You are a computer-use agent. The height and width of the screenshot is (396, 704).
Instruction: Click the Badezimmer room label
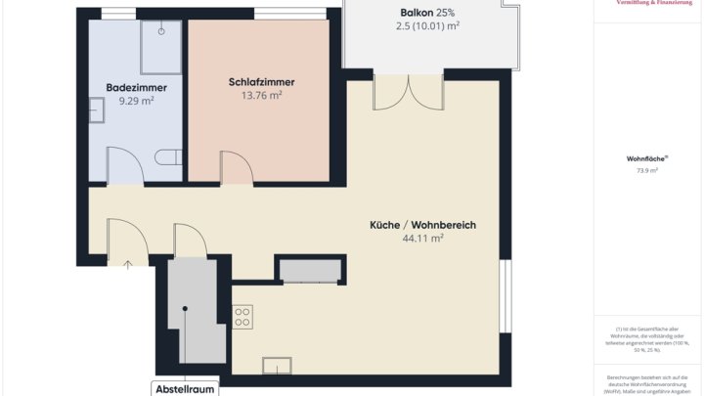click(136, 87)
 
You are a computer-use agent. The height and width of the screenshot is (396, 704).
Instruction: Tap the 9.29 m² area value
click(136, 100)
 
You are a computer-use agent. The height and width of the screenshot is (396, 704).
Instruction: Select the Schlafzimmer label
click(261, 82)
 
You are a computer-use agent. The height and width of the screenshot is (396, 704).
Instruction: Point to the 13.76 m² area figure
click(261, 95)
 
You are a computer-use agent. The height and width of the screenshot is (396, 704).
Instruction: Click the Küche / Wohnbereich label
click(422, 225)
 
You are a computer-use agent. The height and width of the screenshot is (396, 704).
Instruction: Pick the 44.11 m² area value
click(422, 238)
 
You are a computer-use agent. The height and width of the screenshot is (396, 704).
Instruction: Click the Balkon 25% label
click(427, 13)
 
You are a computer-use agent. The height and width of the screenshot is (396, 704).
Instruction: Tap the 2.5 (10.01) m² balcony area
click(427, 26)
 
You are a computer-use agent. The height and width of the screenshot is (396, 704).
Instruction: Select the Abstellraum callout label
click(185, 389)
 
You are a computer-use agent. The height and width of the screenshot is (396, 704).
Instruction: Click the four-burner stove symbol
click(242, 316)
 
